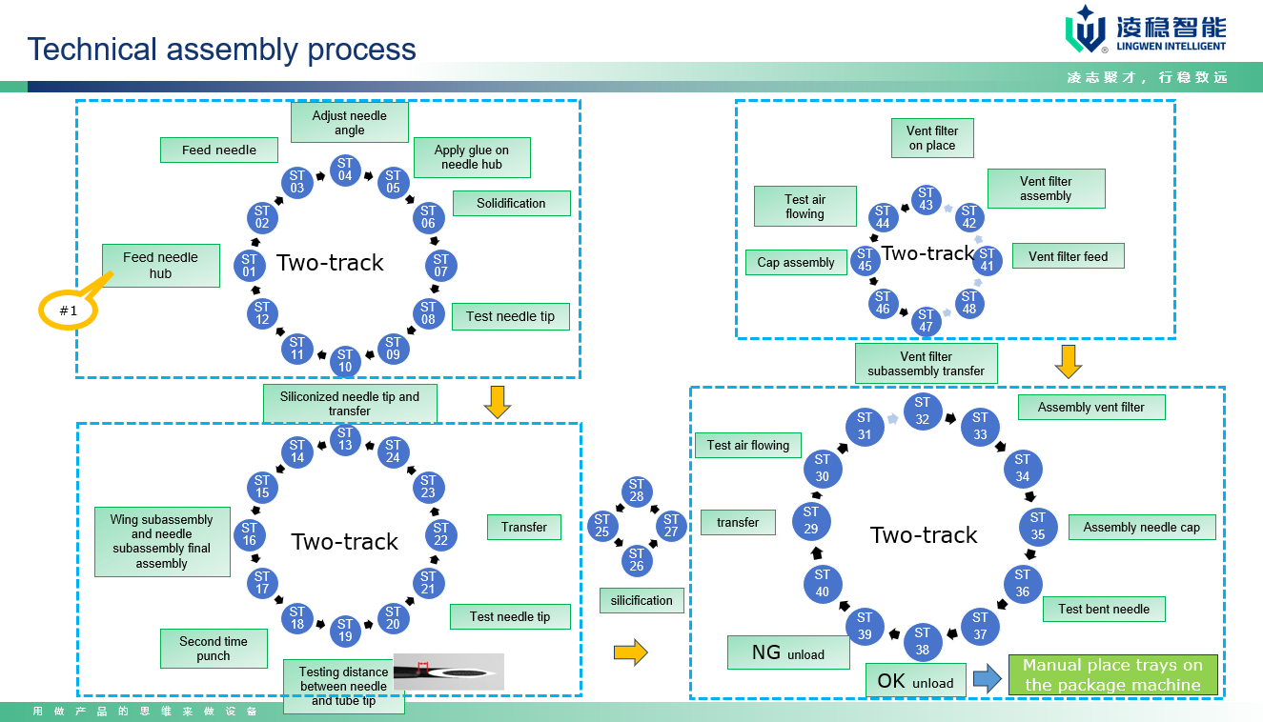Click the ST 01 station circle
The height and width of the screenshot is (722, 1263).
coord(250,266)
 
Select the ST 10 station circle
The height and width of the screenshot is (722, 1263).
coord(345,361)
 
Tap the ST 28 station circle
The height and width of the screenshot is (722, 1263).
coord(637,491)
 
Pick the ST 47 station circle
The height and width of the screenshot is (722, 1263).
coord(926,321)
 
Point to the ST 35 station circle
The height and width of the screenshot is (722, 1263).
coord(1038,527)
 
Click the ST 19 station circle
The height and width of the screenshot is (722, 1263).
coord(345,631)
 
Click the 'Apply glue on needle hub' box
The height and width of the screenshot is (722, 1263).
coord(472,157)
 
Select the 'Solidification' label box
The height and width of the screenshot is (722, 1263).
coord(511,203)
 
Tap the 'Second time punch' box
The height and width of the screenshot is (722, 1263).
coord(214,649)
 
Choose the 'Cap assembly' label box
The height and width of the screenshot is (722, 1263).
coord(796,263)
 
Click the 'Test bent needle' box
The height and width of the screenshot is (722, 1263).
coord(1104,609)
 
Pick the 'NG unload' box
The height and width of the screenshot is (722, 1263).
coord(788,653)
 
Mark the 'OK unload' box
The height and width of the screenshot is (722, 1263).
coord(915,681)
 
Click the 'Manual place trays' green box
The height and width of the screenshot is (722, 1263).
coord(1112,675)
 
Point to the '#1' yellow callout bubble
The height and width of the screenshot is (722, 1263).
coord(69,311)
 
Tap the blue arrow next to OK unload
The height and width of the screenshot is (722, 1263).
coord(987,679)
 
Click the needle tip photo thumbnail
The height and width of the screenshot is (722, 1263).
coord(448,671)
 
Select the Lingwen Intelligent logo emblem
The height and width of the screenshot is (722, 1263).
coord(1085,29)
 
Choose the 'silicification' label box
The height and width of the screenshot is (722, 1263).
coord(642,600)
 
